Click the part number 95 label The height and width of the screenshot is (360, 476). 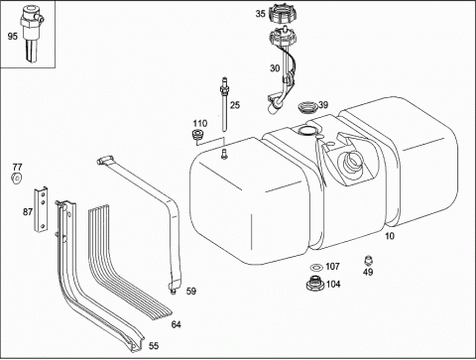(12, 36)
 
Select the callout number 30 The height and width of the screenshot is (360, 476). (275, 68)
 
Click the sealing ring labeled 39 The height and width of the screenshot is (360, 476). (307, 107)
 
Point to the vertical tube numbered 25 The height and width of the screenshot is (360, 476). (225, 104)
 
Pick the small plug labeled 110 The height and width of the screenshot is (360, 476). (198, 136)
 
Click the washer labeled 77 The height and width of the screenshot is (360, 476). (16, 179)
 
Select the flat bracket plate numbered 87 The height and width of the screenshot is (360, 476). (41, 209)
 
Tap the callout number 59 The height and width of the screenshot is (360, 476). (191, 292)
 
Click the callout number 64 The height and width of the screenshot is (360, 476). (176, 325)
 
